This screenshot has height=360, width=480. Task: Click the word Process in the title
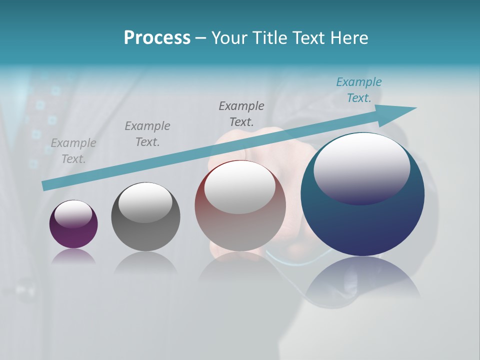[x=157, y=38]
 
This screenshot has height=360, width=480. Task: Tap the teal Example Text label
[x=359, y=90]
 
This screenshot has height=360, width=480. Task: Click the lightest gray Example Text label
[x=73, y=151]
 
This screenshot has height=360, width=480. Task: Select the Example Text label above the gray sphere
[x=147, y=134]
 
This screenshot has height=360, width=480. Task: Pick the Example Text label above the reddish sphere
[x=241, y=114]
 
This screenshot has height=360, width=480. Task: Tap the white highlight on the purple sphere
[x=73, y=214]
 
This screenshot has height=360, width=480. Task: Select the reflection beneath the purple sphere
[x=73, y=256]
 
